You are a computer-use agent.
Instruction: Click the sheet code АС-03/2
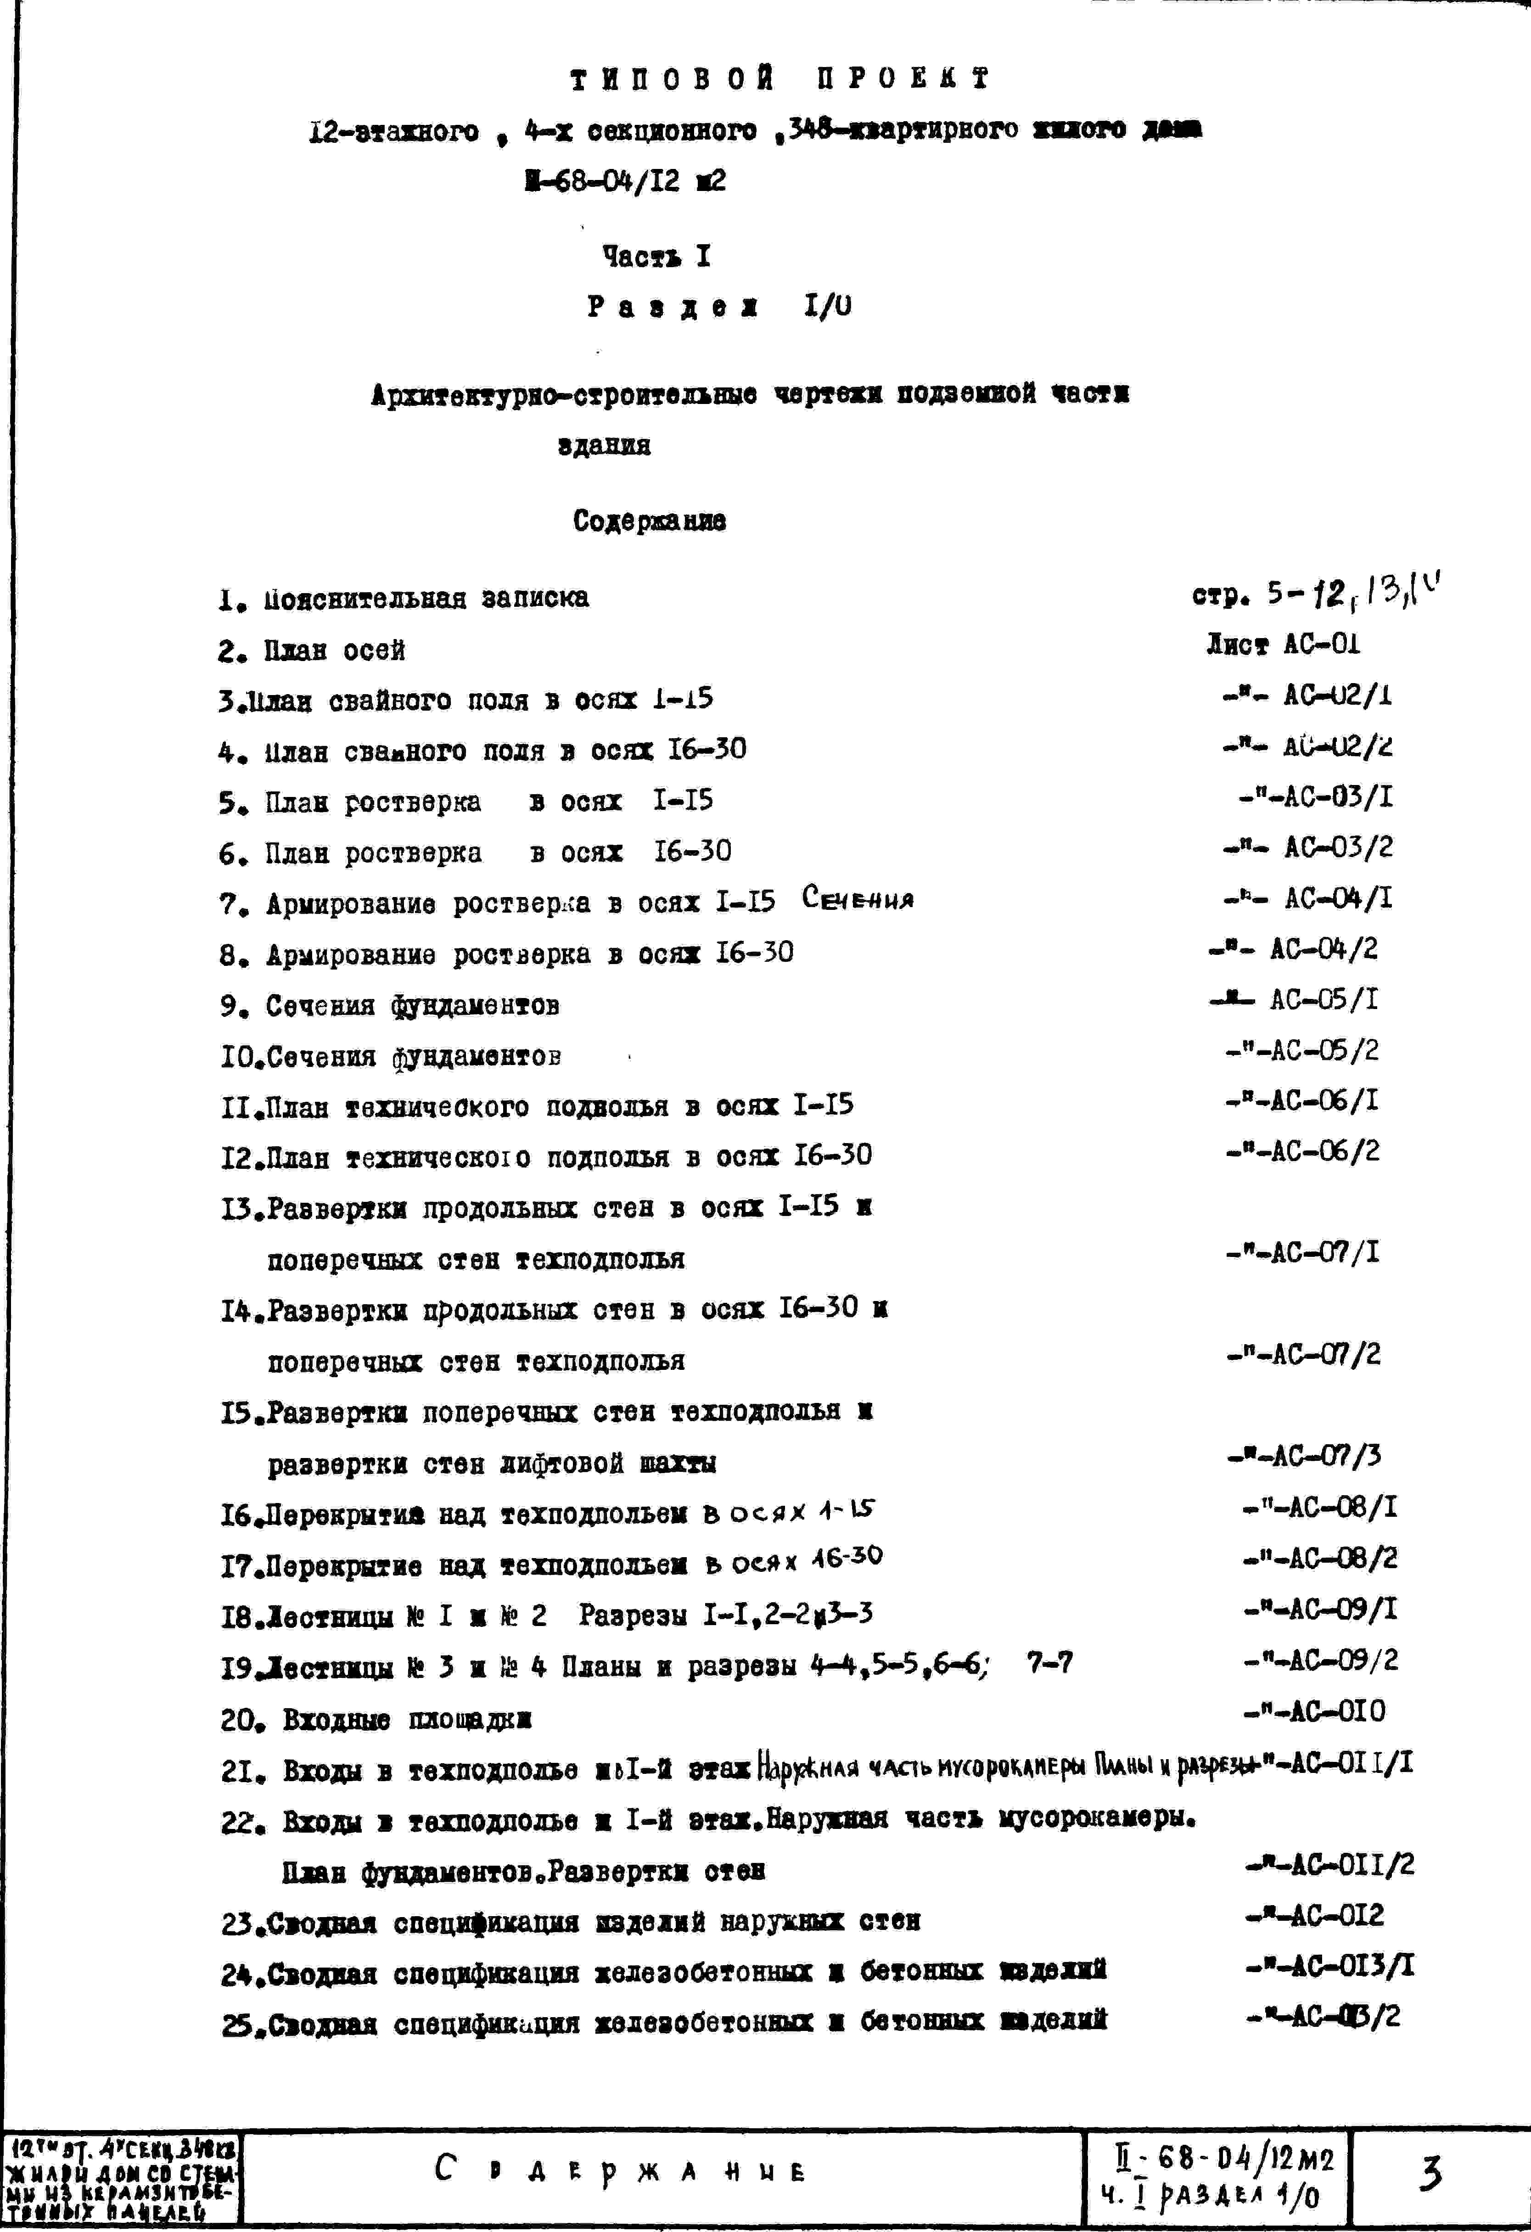click(1338, 847)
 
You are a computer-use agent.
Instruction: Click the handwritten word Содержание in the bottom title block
click(621, 2170)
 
